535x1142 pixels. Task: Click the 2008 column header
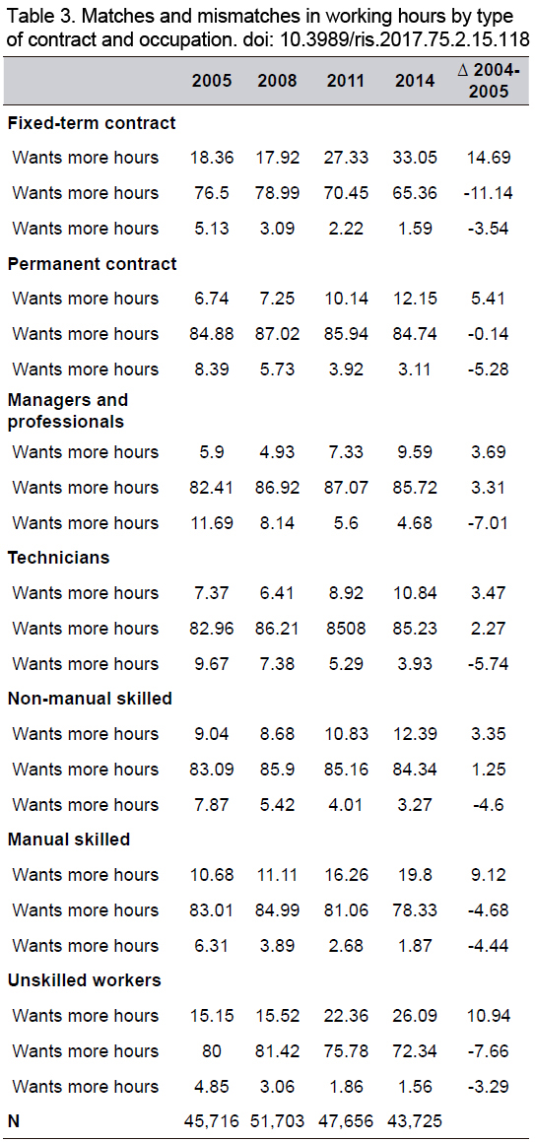point(277,81)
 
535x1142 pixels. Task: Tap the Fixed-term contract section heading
point(92,122)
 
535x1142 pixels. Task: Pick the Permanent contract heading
point(92,264)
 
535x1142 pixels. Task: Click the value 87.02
point(277,334)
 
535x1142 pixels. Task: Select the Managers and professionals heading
point(67,411)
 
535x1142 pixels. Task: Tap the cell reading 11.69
point(212,523)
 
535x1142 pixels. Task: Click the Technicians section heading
point(58,558)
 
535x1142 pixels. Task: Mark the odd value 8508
point(346,629)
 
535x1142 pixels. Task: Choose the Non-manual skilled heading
point(90,699)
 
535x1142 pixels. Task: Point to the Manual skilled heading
point(68,840)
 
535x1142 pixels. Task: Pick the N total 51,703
point(277,1122)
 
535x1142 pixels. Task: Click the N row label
point(13,1122)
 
